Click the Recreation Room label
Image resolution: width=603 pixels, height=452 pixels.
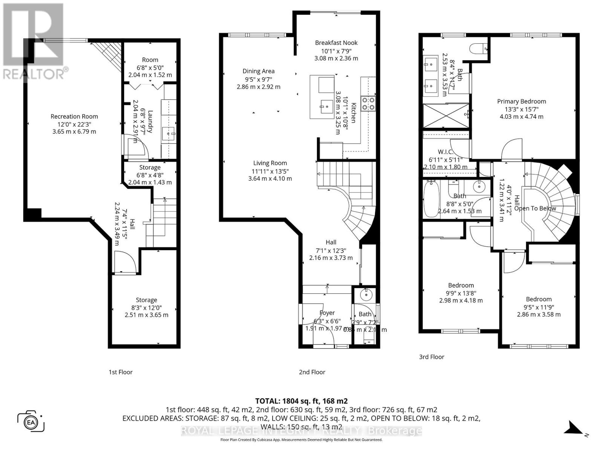[74, 116]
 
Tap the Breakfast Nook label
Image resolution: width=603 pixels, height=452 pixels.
[336, 43]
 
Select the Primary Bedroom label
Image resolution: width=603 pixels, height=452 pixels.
[521, 101]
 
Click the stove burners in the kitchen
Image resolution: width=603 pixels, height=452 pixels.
[368, 104]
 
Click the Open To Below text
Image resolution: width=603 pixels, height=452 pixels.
[535, 208]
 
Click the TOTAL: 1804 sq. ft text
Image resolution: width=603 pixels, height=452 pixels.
[301, 401]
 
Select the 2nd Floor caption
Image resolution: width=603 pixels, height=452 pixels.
[312, 372]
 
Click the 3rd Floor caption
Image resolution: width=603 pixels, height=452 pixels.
[432, 357]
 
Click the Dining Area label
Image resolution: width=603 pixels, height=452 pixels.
[258, 71]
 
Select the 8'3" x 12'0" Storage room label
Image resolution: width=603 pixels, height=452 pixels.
[146, 300]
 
